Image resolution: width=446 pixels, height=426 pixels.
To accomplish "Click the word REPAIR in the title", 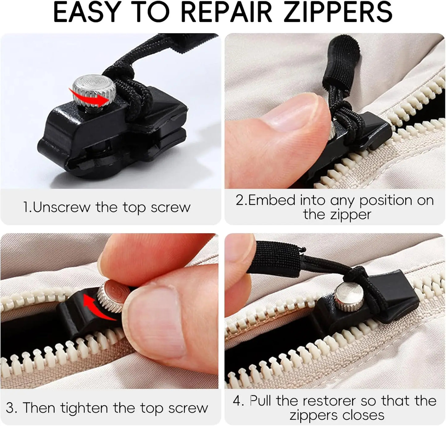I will (226, 12).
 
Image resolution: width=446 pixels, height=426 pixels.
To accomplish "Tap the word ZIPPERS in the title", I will (338, 12).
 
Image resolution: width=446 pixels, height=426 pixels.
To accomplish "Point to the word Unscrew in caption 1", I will (61, 207).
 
